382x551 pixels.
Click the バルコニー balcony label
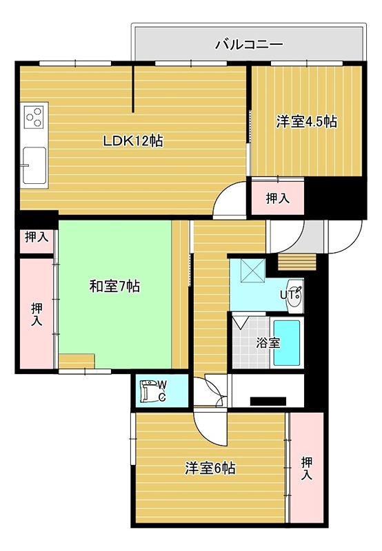point(249,45)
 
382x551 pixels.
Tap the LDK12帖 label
point(132,141)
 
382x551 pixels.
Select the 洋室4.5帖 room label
point(306,122)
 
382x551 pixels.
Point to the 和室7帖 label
point(114,287)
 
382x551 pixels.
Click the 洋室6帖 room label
point(210,468)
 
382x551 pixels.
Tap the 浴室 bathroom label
point(268,342)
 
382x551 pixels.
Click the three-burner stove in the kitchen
point(34,116)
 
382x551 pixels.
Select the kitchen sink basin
point(34,165)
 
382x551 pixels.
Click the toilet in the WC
point(148,390)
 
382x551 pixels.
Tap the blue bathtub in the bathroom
point(287,343)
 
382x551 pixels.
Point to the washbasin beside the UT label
point(296,296)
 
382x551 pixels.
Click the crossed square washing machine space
point(253,270)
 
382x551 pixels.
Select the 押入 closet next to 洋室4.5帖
point(277,198)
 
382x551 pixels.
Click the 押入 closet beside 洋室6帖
point(306,468)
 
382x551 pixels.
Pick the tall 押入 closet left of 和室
point(37,314)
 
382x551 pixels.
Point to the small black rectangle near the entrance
point(268,402)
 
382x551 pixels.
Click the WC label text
point(162,391)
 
